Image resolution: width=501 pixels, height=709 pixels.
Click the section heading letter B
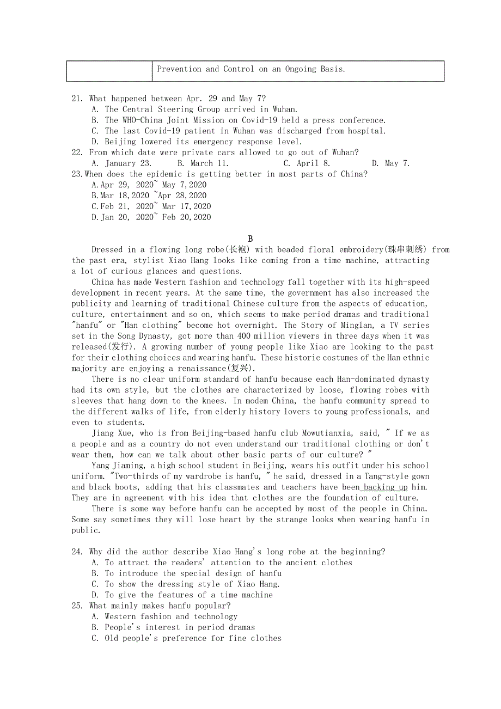click(x=250, y=239)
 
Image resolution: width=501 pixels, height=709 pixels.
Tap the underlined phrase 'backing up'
click(x=386, y=487)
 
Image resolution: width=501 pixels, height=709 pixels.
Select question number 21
click(x=77, y=99)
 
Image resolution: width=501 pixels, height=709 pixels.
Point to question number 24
click(x=77, y=552)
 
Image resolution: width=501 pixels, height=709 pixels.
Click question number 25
click(x=77, y=606)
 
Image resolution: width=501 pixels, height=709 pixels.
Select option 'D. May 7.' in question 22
click(x=390, y=163)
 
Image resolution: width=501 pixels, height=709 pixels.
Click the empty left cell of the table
click(x=109, y=71)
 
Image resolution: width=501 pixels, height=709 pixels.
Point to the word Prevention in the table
click(x=179, y=69)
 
